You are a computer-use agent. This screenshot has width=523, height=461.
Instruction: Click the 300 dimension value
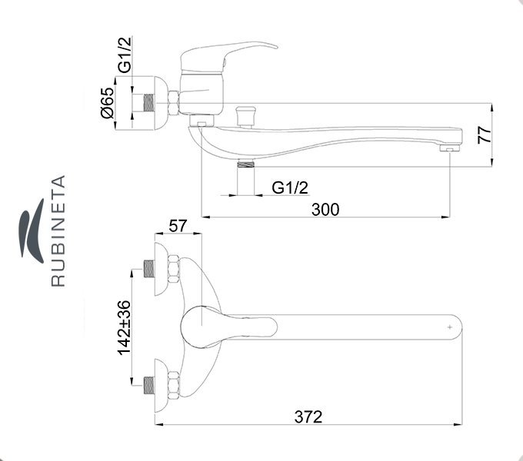(325, 210)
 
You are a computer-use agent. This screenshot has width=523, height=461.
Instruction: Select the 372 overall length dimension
(308, 416)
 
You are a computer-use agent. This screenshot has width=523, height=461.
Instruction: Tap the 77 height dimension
(485, 135)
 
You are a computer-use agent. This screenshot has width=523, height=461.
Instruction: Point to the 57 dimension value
(178, 226)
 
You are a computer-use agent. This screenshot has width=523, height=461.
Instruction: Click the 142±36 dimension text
(124, 327)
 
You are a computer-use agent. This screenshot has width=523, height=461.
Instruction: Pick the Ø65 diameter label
(108, 103)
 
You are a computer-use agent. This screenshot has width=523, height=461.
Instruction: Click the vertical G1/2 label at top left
(125, 55)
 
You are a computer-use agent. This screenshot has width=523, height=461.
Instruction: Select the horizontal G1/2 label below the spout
(290, 188)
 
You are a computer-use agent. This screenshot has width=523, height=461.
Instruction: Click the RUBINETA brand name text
(58, 230)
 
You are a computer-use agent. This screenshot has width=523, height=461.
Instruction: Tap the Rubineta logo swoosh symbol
(32, 230)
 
